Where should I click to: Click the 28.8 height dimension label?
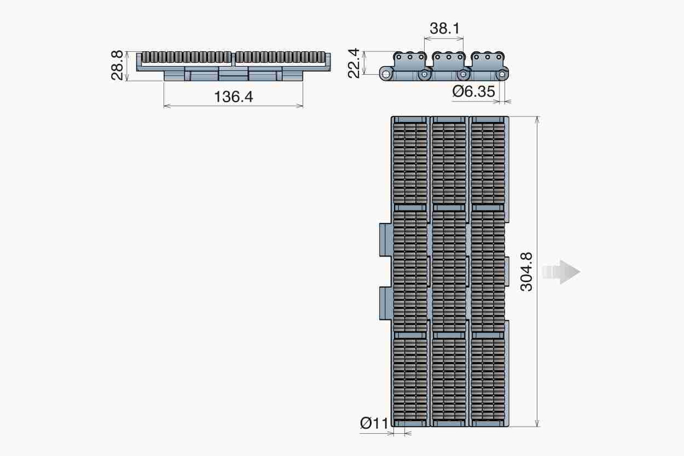pyautogui.click(x=117, y=66)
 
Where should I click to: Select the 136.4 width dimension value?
pyautogui.click(x=233, y=97)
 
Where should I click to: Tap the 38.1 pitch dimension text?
pyautogui.click(x=445, y=28)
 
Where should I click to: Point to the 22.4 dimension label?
pyautogui.click(x=354, y=63)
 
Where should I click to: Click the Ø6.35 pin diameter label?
pyautogui.click(x=474, y=92)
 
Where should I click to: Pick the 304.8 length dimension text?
pyautogui.click(x=527, y=272)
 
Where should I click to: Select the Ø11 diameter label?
pyautogui.click(x=374, y=423)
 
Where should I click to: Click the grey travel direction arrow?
pyautogui.click(x=561, y=272)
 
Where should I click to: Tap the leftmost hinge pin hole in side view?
pyautogui.click(x=387, y=74)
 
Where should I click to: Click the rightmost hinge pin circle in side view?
pyautogui.click(x=502, y=74)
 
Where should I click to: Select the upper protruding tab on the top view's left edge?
pyautogui.click(x=385, y=239)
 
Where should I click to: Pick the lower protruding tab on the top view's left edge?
pyautogui.click(x=385, y=302)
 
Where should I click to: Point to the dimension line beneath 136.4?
pyautogui.click(x=233, y=105)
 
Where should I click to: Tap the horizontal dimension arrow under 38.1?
pyautogui.click(x=444, y=39)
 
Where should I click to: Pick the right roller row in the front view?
pyautogui.click(x=282, y=57)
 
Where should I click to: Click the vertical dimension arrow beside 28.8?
pyautogui.click(x=128, y=66)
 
